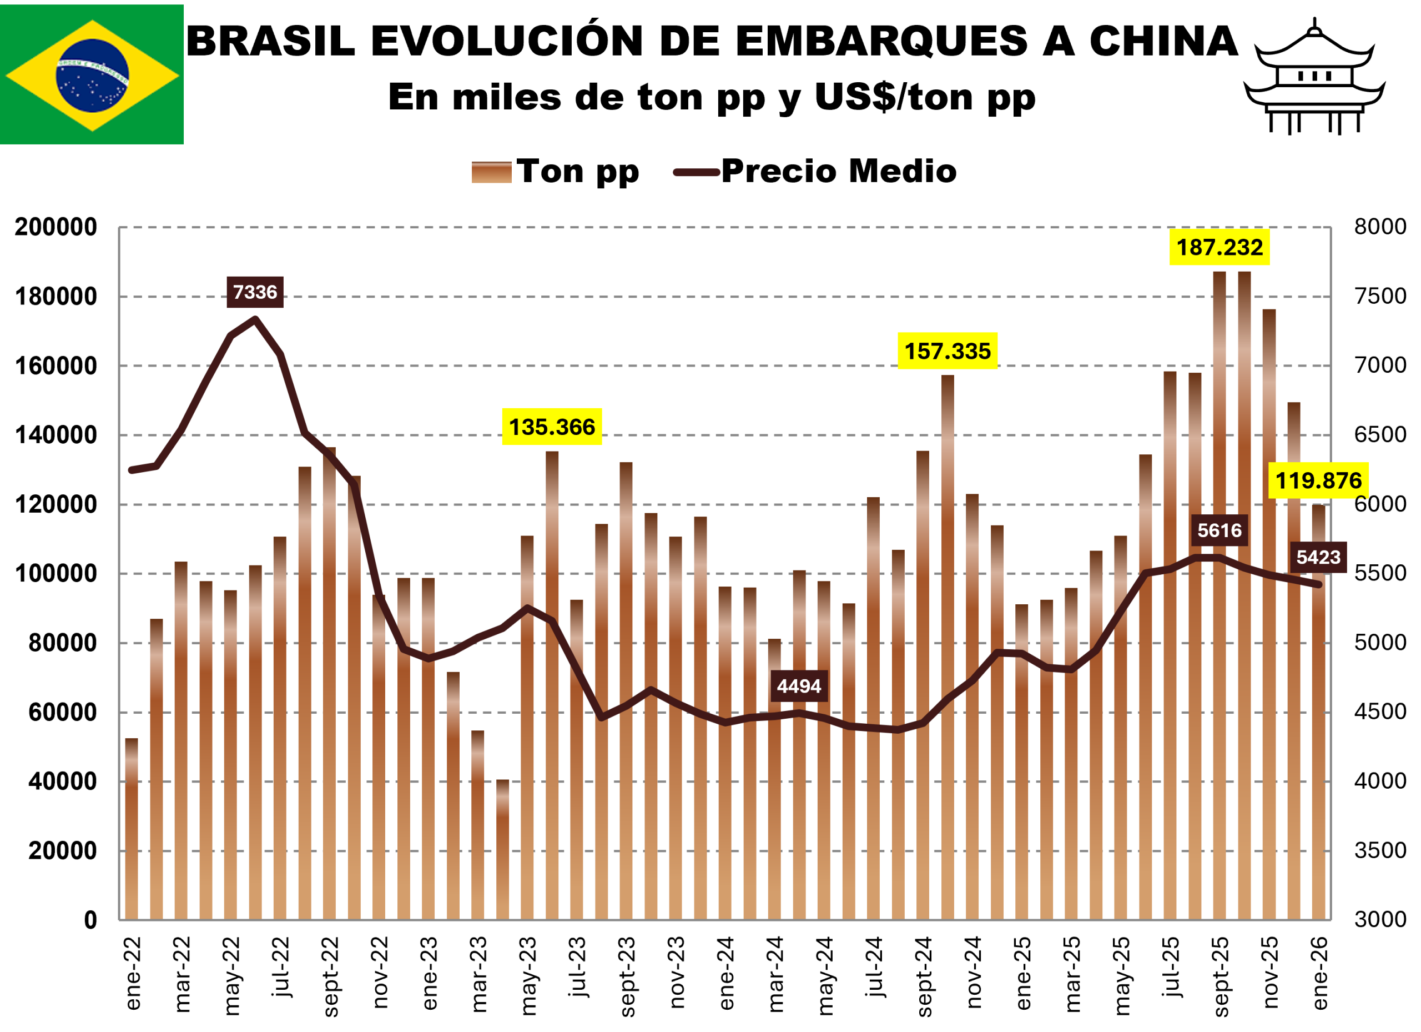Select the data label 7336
click(x=254, y=292)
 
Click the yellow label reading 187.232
click(x=1220, y=247)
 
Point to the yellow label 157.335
click(x=948, y=351)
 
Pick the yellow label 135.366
click(x=551, y=427)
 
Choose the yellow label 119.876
click(x=1318, y=481)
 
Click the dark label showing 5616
click(x=1220, y=530)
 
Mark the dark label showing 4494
click(x=799, y=687)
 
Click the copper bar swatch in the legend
click(x=491, y=172)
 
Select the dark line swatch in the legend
click(x=696, y=172)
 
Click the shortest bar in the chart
click(x=502, y=853)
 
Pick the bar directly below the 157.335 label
click(x=948, y=646)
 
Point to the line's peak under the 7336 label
click(x=255, y=319)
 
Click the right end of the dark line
click(x=1319, y=585)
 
